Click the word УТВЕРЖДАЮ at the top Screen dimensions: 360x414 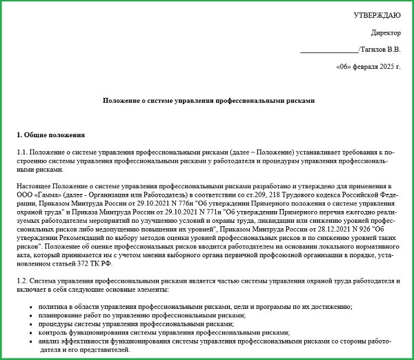tap(376, 14)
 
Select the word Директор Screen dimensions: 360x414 tap(385, 32)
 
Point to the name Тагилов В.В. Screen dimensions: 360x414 tap(380, 50)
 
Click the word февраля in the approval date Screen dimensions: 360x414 tap(357, 68)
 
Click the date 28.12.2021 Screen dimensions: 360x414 tap(335, 228)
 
